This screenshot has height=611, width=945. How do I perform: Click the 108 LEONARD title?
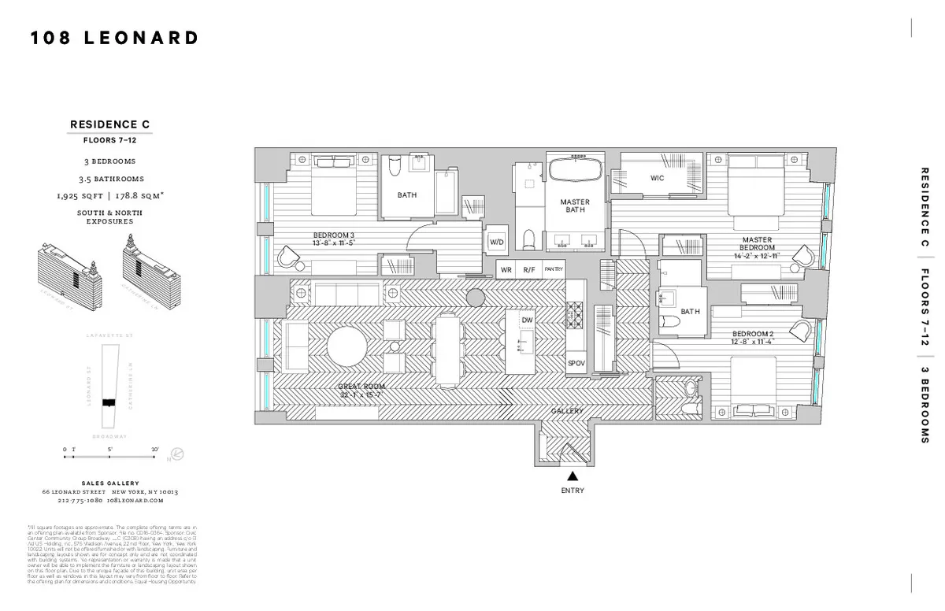coord(114,38)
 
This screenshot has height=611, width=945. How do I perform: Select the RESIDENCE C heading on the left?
coord(109,124)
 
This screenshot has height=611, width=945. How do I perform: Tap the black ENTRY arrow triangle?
coord(573,476)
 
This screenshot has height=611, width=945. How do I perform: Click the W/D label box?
coord(496,243)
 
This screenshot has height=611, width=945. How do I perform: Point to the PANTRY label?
coord(554,269)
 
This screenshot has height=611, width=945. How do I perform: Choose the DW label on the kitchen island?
coord(527,320)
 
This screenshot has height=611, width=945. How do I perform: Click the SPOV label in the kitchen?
coord(576,363)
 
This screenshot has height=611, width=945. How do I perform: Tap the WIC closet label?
coord(657,178)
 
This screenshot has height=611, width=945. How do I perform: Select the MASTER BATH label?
coord(575,206)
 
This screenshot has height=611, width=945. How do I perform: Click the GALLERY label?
coord(566,411)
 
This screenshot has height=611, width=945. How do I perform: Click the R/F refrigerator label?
coord(528,269)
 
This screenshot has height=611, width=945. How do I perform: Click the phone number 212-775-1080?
coord(80,501)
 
